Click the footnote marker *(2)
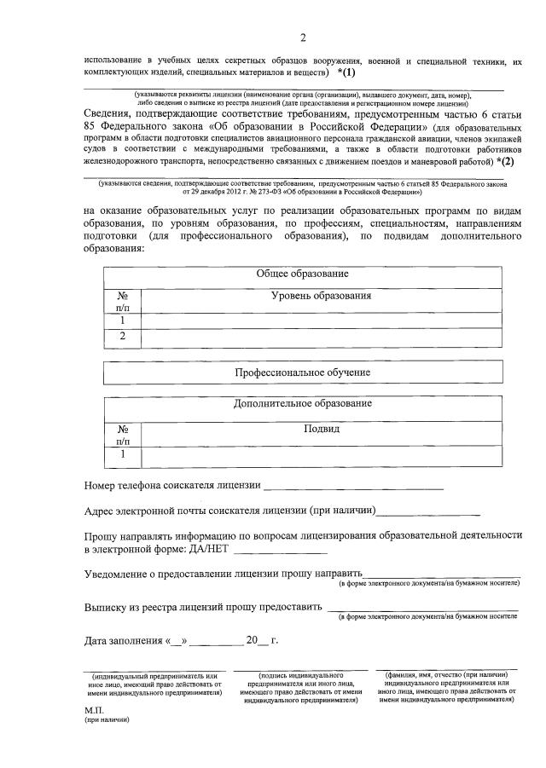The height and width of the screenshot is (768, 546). click(x=503, y=160)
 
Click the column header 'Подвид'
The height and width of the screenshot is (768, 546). click(x=321, y=428)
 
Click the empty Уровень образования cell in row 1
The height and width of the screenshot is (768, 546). click(x=321, y=320)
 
